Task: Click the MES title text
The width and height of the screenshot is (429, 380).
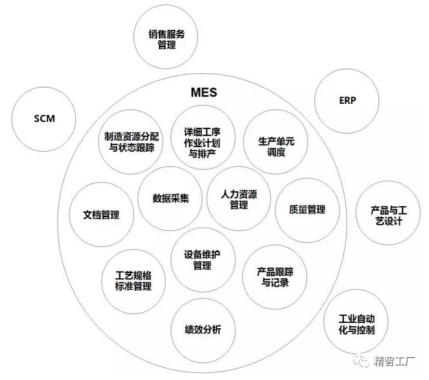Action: click(x=204, y=93)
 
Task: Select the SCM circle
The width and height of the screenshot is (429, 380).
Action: click(x=44, y=119)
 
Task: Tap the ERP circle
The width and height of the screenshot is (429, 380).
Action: click(x=347, y=101)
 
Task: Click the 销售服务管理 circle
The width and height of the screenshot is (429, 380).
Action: click(x=166, y=37)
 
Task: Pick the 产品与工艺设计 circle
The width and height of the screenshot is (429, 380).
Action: click(x=388, y=213)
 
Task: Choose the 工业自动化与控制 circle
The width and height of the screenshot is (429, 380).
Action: click(x=356, y=322)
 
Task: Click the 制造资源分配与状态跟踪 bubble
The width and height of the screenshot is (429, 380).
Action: click(x=131, y=142)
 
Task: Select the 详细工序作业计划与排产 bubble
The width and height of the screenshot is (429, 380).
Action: click(x=203, y=137)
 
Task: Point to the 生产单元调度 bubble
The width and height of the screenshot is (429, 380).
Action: click(x=275, y=142)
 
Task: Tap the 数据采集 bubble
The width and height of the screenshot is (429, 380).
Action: click(x=170, y=198)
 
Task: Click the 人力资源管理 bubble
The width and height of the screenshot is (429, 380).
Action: click(x=239, y=198)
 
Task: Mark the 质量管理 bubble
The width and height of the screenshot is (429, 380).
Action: click(x=307, y=210)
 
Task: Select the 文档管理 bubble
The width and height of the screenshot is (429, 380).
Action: click(x=102, y=215)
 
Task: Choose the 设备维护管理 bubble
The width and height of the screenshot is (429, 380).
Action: click(x=203, y=259)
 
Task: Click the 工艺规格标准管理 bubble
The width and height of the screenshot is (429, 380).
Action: click(x=133, y=281)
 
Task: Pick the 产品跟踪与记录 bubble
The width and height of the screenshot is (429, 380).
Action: click(x=275, y=277)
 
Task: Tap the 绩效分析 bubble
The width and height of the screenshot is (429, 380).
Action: click(x=203, y=331)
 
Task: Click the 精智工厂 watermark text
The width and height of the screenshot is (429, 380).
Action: click(x=394, y=361)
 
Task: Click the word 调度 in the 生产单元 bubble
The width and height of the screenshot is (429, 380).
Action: click(x=276, y=152)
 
